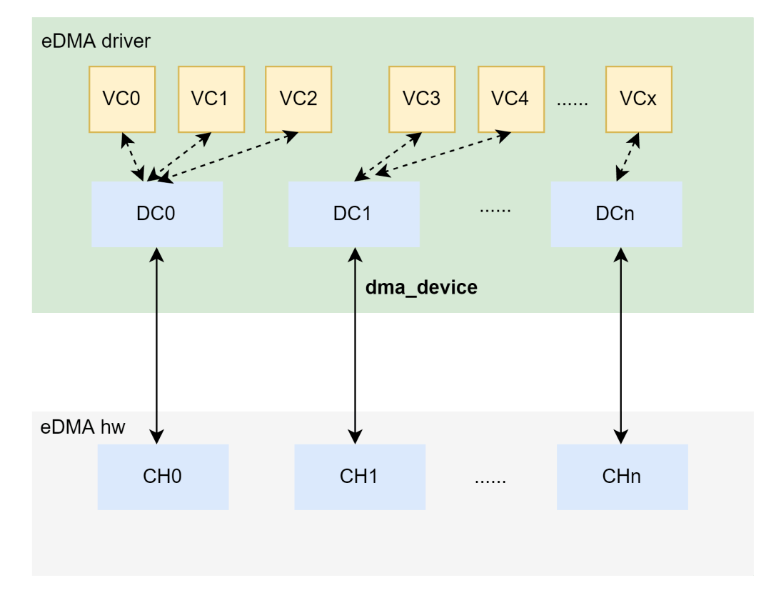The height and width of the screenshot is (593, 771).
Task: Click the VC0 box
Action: tap(122, 99)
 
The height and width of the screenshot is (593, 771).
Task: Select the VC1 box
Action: tap(211, 99)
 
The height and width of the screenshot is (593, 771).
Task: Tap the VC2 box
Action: tap(298, 99)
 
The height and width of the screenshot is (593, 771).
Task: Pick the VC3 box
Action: tap(422, 99)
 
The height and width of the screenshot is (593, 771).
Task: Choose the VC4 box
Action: tap(510, 99)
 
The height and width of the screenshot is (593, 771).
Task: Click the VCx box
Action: tap(638, 99)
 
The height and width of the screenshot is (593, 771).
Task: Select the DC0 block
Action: tap(156, 214)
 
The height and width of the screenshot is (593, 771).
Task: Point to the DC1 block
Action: tap(353, 214)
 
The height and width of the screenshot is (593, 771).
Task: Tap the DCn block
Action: tap(616, 214)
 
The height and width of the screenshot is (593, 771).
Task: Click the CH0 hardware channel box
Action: tap(163, 477)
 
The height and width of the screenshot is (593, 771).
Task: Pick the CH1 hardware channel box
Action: tap(360, 477)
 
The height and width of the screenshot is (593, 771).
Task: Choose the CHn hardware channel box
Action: tap(622, 477)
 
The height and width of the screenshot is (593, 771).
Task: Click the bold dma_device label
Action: tap(421, 288)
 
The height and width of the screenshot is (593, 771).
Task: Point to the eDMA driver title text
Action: tap(96, 41)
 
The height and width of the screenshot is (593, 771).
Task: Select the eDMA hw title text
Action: tap(83, 427)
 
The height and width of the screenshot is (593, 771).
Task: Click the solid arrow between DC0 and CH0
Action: tap(156, 343)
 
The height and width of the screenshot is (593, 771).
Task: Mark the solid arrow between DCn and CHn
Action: tap(621, 343)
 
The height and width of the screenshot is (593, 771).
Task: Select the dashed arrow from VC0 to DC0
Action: tap(133, 156)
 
